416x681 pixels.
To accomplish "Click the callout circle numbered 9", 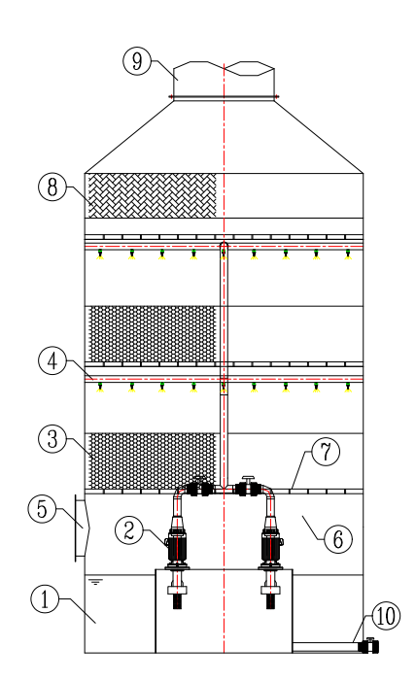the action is point(137,61).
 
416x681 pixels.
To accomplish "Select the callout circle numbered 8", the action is point(52,187).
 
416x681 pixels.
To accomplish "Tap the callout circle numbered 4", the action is point(52,361).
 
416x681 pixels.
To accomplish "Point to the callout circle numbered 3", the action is point(52,439).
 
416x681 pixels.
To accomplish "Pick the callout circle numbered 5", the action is point(42,509).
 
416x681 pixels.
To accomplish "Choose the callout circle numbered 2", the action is point(129,530).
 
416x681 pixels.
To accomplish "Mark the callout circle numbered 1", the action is point(45,599).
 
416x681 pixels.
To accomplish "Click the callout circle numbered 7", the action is point(326,452).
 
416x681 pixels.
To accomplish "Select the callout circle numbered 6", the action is point(337,539).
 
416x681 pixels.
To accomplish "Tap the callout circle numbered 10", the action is point(386,616).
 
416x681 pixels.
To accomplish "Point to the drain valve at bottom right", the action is point(369,646).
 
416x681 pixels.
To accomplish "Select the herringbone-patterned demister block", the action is point(153,195).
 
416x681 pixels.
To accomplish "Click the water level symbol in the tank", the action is point(95,582).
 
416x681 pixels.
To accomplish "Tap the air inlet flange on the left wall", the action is point(82,528).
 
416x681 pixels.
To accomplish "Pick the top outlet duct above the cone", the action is point(224,81).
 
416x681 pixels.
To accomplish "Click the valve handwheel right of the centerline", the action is point(248,479).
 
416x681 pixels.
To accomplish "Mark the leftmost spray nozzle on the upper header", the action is point(100,255).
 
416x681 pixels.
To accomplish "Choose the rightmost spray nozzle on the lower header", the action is point(348,387).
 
